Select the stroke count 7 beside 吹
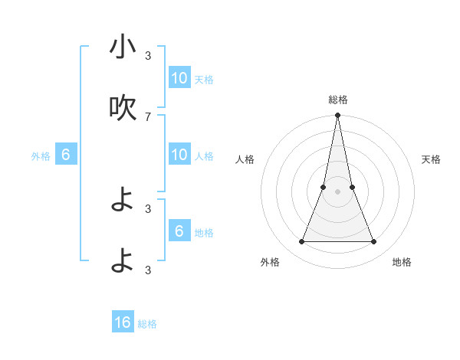[x=148, y=116]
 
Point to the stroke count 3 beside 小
[x=148, y=55]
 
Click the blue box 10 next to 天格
[x=179, y=78]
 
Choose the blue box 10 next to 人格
[x=179, y=155]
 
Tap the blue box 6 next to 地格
[x=179, y=231]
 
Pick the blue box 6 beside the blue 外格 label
[x=66, y=155]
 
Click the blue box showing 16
[x=123, y=322]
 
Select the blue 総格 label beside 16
[x=147, y=324]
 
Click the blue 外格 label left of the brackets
[x=41, y=156]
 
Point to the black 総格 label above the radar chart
[x=338, y=100]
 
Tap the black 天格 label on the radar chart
[x=431, y=159]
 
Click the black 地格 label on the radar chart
[x=402, y=262]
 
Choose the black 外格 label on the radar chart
[x=270, y=262]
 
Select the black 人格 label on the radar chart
[x=245, y=159]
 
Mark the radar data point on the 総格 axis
[x=337, y=116]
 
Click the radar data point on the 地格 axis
[x=374, y=242]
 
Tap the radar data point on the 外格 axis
[x=301, y=242]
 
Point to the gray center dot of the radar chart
[x=337, y=191]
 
